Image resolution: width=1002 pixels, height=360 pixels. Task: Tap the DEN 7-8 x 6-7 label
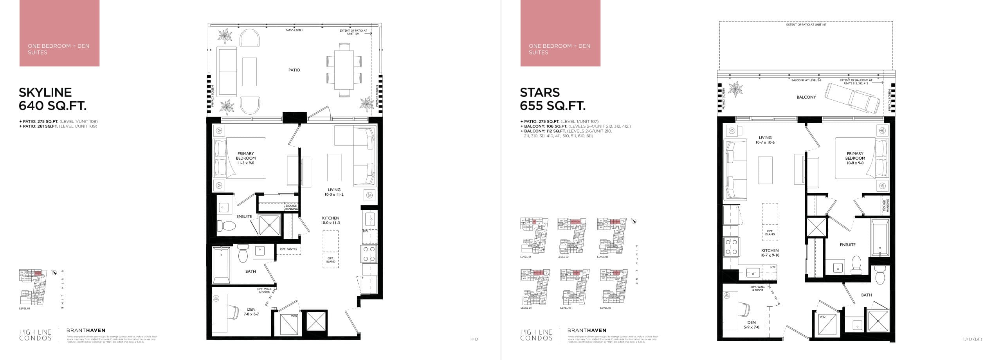(251, 311)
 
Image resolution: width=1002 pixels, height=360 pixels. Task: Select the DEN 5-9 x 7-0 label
(751, 324)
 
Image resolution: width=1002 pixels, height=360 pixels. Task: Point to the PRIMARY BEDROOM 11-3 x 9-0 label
(245, 158)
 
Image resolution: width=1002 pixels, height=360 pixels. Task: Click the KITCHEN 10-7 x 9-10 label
(770, 253)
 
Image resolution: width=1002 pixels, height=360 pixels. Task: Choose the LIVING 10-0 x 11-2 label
(334, 192)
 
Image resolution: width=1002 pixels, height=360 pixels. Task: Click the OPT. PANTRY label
(288, 249)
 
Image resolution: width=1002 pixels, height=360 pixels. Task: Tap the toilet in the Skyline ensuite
(227, 226)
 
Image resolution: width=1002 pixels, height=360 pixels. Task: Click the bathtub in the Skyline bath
(221, 265)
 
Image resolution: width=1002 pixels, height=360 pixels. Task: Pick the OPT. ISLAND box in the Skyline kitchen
(330, 249)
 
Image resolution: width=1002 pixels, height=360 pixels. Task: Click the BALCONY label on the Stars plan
(806, 97)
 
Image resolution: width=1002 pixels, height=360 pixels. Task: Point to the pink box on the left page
(59, 33)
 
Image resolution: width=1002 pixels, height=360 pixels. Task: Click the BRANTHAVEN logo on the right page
(586, 330)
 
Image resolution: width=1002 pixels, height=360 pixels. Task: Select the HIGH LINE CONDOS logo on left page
(35, 335)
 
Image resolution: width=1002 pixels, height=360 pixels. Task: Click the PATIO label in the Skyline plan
(294, 70)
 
